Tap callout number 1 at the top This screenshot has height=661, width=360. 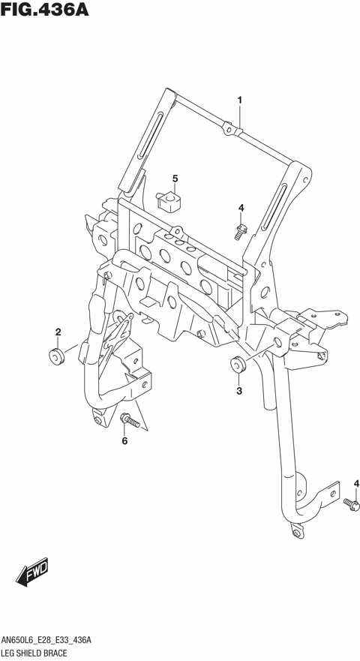pos(240,100)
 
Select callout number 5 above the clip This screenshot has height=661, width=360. pos(175,179)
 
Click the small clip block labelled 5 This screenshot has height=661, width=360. pos(171,200)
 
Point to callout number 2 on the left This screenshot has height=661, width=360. pos(58,332)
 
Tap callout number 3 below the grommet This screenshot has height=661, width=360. pos(238,390)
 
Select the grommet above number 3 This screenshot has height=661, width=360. pos(238,367)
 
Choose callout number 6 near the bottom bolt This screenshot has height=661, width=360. pos(124,440)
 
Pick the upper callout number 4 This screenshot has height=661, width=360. pos(241,208)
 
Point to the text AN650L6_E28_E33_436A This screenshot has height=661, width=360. pos(46,640)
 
